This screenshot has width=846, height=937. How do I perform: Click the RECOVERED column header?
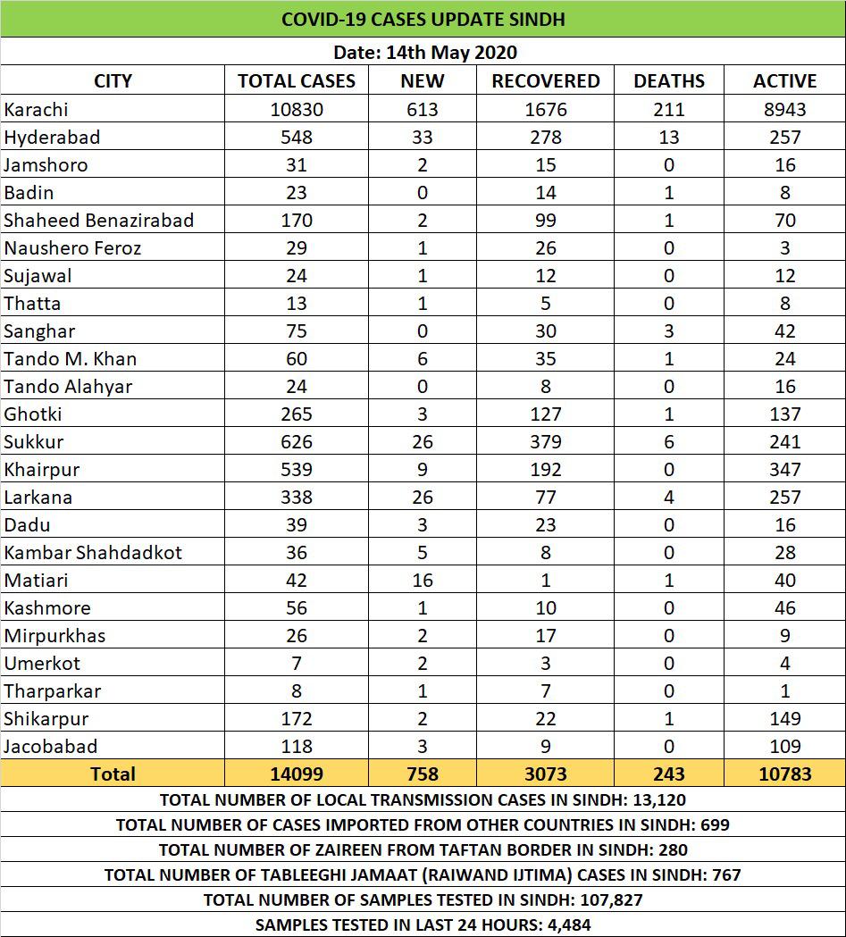click(545, 81)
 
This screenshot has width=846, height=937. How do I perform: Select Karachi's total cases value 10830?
click(297, 110)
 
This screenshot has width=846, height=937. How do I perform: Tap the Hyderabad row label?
click(52, 138)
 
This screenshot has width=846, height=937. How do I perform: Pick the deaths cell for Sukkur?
click(668, 442)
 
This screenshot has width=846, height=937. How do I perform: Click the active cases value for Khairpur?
click(784, 470)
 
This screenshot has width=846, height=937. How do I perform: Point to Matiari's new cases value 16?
click(422, 581)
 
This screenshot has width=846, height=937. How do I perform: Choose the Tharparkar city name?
click(53, 691)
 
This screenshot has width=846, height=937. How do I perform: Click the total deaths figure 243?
click(668, 774)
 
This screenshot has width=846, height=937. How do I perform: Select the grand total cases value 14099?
click(297, 774)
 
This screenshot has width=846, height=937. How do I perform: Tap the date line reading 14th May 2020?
click(423, 53)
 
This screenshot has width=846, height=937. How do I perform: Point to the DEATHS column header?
click(668, 81)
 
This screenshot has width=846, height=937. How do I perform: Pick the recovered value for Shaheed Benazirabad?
click(545, 221)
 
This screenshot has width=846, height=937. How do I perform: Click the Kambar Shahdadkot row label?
click(93, 553)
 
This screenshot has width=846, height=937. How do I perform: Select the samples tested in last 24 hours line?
click(423, 925)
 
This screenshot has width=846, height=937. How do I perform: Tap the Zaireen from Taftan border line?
click(423, 850)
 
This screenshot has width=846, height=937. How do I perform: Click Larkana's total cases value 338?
click(297, 498)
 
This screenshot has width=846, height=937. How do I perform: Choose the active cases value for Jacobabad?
click(784, 747)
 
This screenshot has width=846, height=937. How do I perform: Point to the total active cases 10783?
click(784, 774)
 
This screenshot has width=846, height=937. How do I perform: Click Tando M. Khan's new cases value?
click(422, 359)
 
